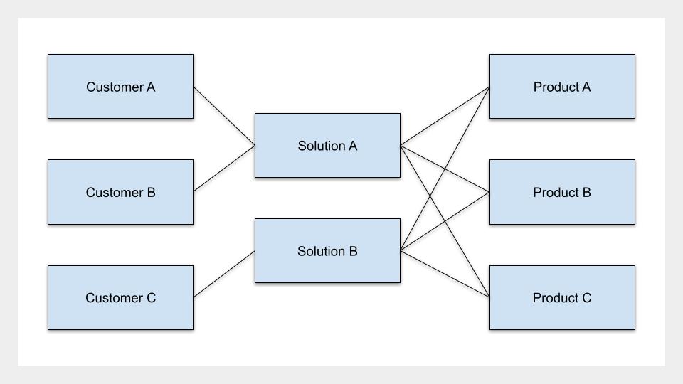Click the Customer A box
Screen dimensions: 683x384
tap(121, 86)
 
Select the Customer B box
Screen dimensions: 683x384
tap(121, 192)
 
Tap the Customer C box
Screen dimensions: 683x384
tap(121, 297)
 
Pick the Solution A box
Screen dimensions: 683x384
tap(327, 145)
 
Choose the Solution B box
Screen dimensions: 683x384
tap(327, 251)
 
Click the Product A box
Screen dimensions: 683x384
tap(562, 86)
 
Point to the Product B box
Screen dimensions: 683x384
tap(562, 192)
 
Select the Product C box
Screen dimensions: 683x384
tap(562, 297)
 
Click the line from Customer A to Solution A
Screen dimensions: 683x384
tap(224, 116)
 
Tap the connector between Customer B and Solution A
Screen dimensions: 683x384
tap(224, 169)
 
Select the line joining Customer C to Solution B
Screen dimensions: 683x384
tap(224, 274)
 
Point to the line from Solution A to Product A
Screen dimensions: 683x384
tap(445, 116)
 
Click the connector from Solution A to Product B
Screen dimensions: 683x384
tap(445, 169)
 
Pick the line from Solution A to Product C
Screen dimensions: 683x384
tap(445, 222)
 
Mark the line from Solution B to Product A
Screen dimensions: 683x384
tap(445, 169)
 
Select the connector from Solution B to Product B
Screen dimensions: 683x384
tap(445, 222)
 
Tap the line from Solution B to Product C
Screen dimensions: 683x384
tap(445, 274)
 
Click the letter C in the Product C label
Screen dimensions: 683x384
tap(586, 298)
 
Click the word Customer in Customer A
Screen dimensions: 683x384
tap(115, 87)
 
